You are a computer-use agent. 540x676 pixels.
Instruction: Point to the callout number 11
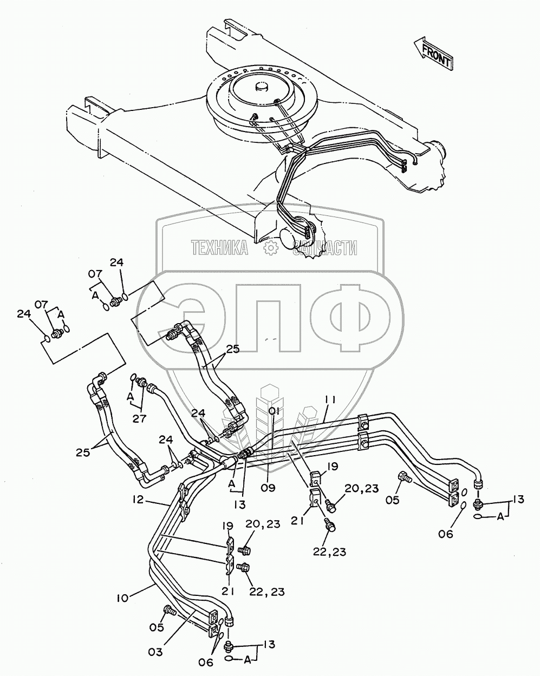point(331,400)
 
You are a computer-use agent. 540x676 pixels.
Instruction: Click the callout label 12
point(138,500)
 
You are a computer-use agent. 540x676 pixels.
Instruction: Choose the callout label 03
point(155,652)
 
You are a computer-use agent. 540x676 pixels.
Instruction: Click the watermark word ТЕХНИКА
point(219,248)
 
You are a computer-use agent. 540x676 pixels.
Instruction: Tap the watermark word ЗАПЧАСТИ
point(325,248)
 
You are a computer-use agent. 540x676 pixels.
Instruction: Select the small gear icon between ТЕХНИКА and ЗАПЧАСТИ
point(270,248)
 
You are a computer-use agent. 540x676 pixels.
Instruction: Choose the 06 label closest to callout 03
point(206,662)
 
